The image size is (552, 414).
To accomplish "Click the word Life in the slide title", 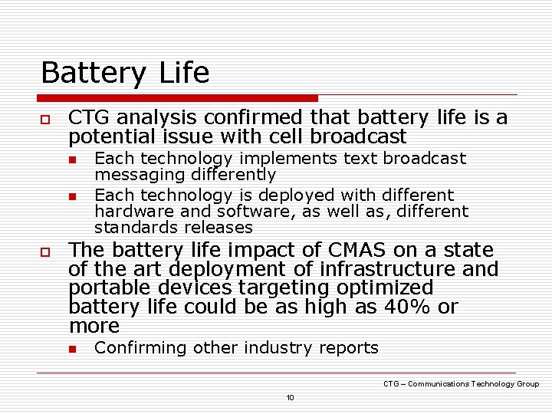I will click(185, 73).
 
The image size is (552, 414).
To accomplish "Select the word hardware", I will click(128, 212).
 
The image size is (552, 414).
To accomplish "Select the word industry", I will click(279, 348).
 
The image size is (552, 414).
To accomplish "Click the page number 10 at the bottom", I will click(290, 397).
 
